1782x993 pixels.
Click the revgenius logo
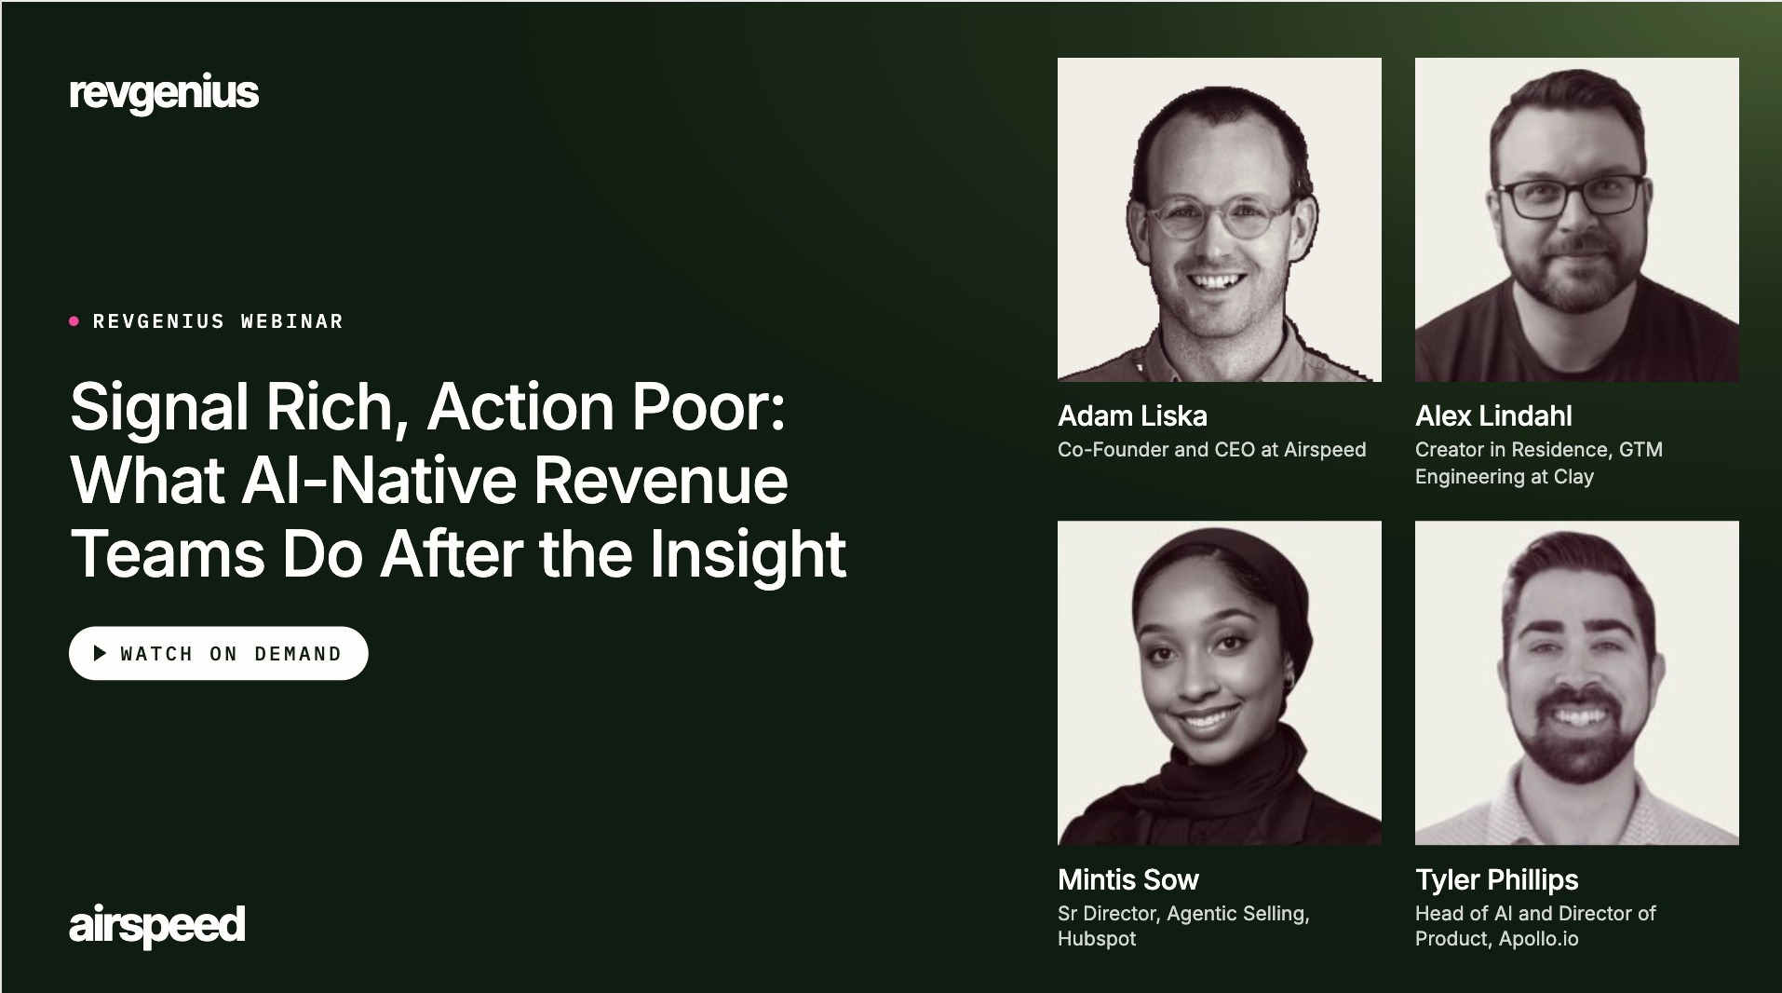[164, 93]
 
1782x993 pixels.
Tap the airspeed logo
[156, 925]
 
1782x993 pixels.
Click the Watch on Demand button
[219, 653]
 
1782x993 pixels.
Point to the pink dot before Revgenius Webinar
[74, 321]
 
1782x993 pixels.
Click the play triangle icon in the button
[100, 653]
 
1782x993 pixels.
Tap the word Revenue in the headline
[660, 481]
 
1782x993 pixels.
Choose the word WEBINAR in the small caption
[291, 321]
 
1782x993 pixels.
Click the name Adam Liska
[1132, 415]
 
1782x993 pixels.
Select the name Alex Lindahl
[1493, 415]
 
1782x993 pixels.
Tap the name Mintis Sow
[1128, 879]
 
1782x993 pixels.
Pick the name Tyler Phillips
[1497, 879]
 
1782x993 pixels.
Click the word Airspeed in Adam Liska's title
[1325, 450]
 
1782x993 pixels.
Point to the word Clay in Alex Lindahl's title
[1573, 477]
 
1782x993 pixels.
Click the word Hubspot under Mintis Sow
[1097, 939]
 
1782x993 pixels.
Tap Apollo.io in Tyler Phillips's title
[1539, 939]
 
